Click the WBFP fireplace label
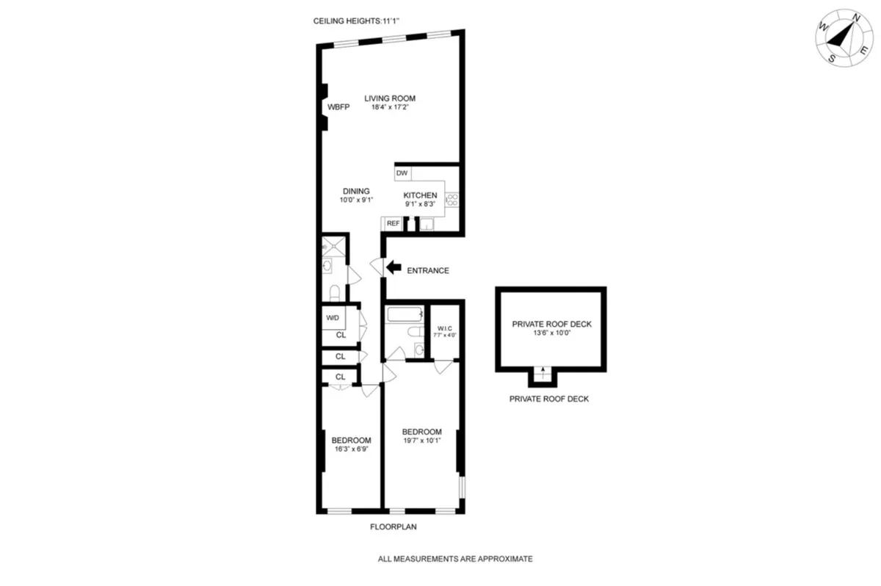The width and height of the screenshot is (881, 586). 338,107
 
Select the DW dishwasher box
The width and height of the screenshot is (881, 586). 402,173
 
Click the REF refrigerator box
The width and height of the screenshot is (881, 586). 393,223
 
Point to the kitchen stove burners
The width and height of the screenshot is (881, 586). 452,198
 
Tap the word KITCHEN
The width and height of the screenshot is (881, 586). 420,195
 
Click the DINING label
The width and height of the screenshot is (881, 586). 355,191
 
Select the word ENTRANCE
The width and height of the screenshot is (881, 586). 427,270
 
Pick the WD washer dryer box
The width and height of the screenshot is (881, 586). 333,318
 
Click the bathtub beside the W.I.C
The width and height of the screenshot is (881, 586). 405,316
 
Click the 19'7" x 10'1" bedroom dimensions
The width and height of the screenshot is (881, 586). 421,441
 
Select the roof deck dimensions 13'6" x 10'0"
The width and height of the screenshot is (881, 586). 551,333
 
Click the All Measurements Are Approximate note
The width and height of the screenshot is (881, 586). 454,559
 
